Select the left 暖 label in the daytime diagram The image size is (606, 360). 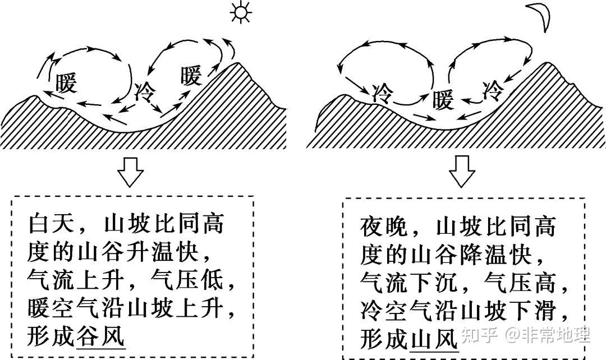coord(66,84)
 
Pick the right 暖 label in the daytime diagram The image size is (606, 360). coord(191,75)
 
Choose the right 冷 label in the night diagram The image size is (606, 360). coord(493,88)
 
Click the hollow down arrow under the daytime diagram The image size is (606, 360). coord(130,173)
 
